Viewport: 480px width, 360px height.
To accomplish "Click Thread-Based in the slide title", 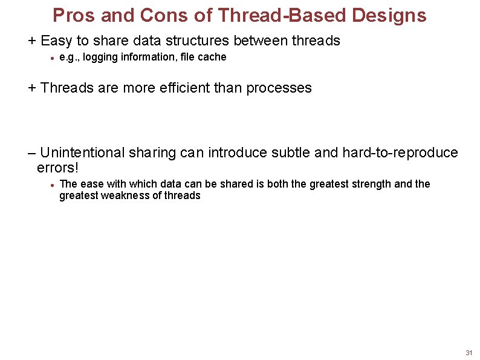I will [279, 15].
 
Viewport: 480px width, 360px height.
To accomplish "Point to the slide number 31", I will [469, 353].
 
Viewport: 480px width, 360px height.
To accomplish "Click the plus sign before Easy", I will [32, 41].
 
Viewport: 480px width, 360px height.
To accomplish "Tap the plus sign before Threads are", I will [32, 88].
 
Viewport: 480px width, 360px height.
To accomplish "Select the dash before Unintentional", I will [32, 152].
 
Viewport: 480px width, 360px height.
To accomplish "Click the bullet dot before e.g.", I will [53, 58].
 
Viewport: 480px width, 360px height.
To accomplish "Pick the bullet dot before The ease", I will [53, 185].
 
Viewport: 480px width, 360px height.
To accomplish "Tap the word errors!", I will [58, 166].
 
